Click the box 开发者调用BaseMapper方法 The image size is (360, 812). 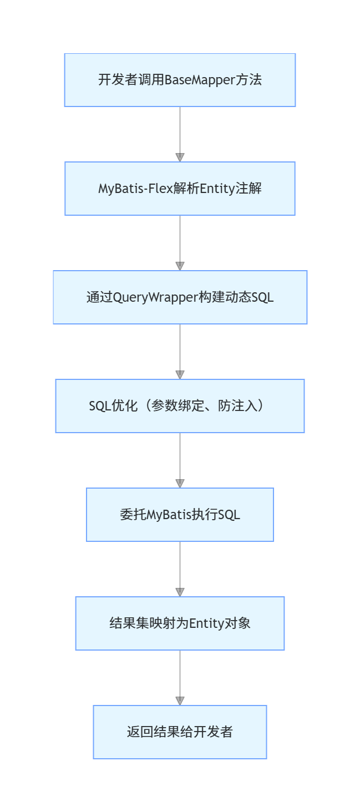[x=180, y=80]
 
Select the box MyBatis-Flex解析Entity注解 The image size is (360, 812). [x=180, y=189]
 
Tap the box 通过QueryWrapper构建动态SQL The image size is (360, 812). [x=180, y=297]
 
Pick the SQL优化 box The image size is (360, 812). [x=180, y=406]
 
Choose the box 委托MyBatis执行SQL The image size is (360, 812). [x=180, y=515]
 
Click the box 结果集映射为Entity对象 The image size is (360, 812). [x=180, y=623]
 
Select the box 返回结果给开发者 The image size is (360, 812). [x=180, y=732]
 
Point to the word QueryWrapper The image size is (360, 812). [x=155, y=297]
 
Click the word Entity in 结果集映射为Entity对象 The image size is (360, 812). [x=206, y=623]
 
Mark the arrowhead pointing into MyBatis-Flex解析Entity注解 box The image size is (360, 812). [x=180, y=157]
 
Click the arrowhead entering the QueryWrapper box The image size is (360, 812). [x=180, y=266]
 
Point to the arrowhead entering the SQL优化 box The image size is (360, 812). [x=180, y=374]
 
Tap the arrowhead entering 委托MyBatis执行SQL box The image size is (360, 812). [x=180, y=483]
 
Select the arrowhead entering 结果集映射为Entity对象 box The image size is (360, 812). [x=180, y=592]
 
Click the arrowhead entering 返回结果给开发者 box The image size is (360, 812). [x=180, y=701]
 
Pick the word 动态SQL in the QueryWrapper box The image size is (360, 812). [x=252, y=297]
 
